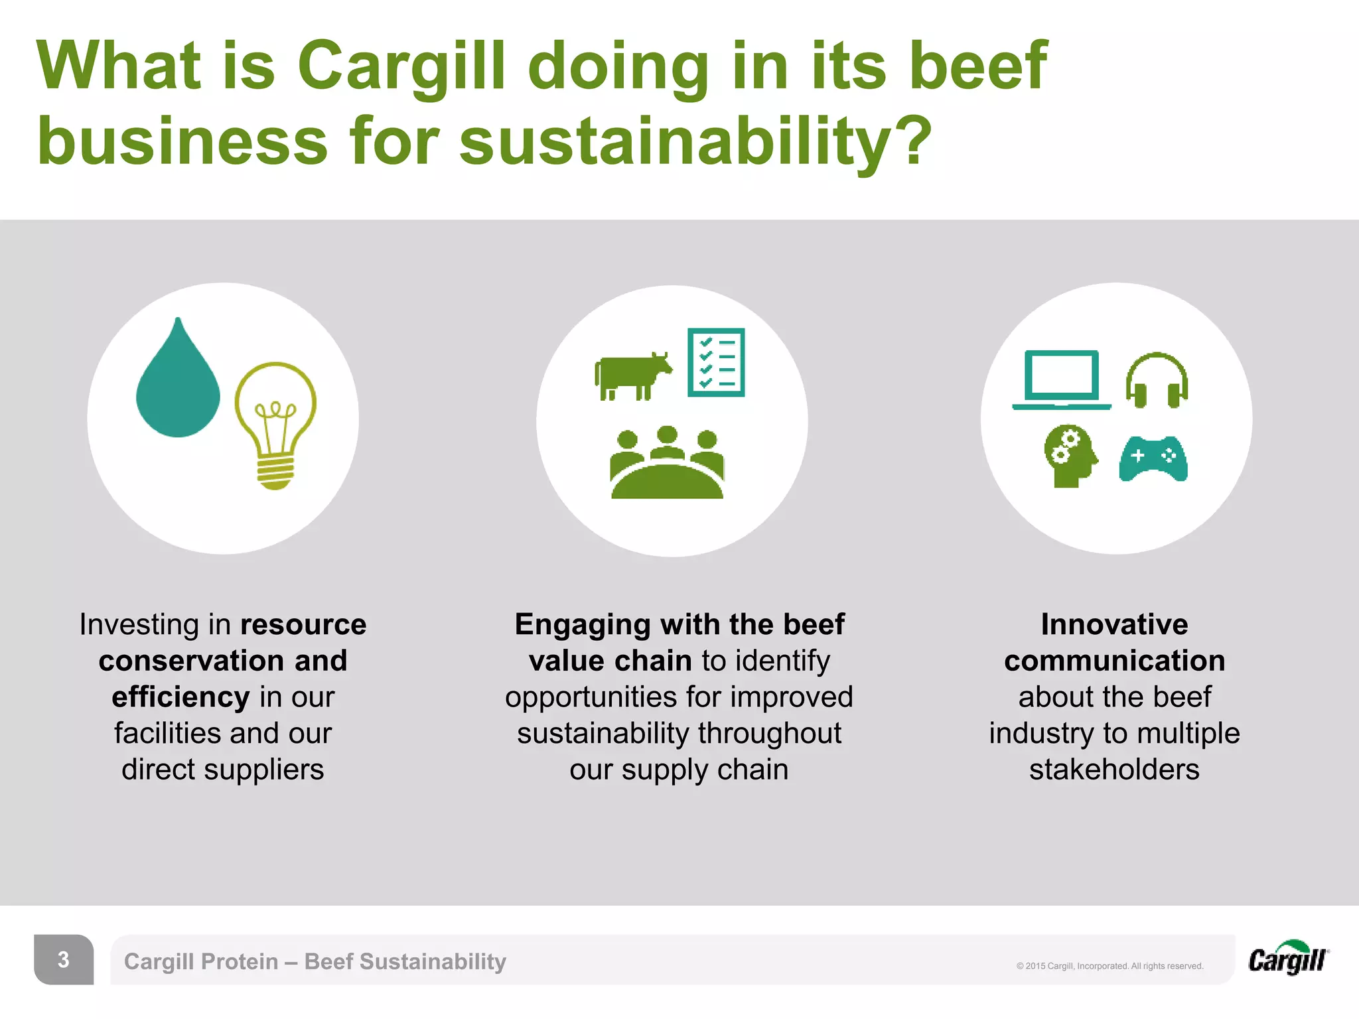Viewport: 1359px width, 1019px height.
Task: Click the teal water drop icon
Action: point(177,385)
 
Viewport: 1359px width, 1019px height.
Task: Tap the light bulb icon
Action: point(275,425)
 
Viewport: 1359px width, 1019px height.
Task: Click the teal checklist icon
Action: point(716,362)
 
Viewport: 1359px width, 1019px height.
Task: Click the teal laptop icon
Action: point(1062,379)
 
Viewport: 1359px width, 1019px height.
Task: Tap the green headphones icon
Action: point(1157,381)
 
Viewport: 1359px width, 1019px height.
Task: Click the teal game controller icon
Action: point(1153,458)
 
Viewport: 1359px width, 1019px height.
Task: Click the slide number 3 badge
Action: point(64,959)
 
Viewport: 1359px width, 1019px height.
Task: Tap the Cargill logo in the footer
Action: point(1288,959)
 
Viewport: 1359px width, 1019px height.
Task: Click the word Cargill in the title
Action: point(401,66)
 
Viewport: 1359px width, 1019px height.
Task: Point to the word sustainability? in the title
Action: point(695,141)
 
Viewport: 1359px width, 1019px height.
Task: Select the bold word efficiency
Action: point(180,697)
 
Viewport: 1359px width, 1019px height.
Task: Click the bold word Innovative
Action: point(1114,624)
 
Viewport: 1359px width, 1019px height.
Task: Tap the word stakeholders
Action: point(1114,770)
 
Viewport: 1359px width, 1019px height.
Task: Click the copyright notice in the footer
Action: point(1109,966)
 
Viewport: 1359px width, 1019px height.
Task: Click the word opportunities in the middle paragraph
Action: point(591,697)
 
